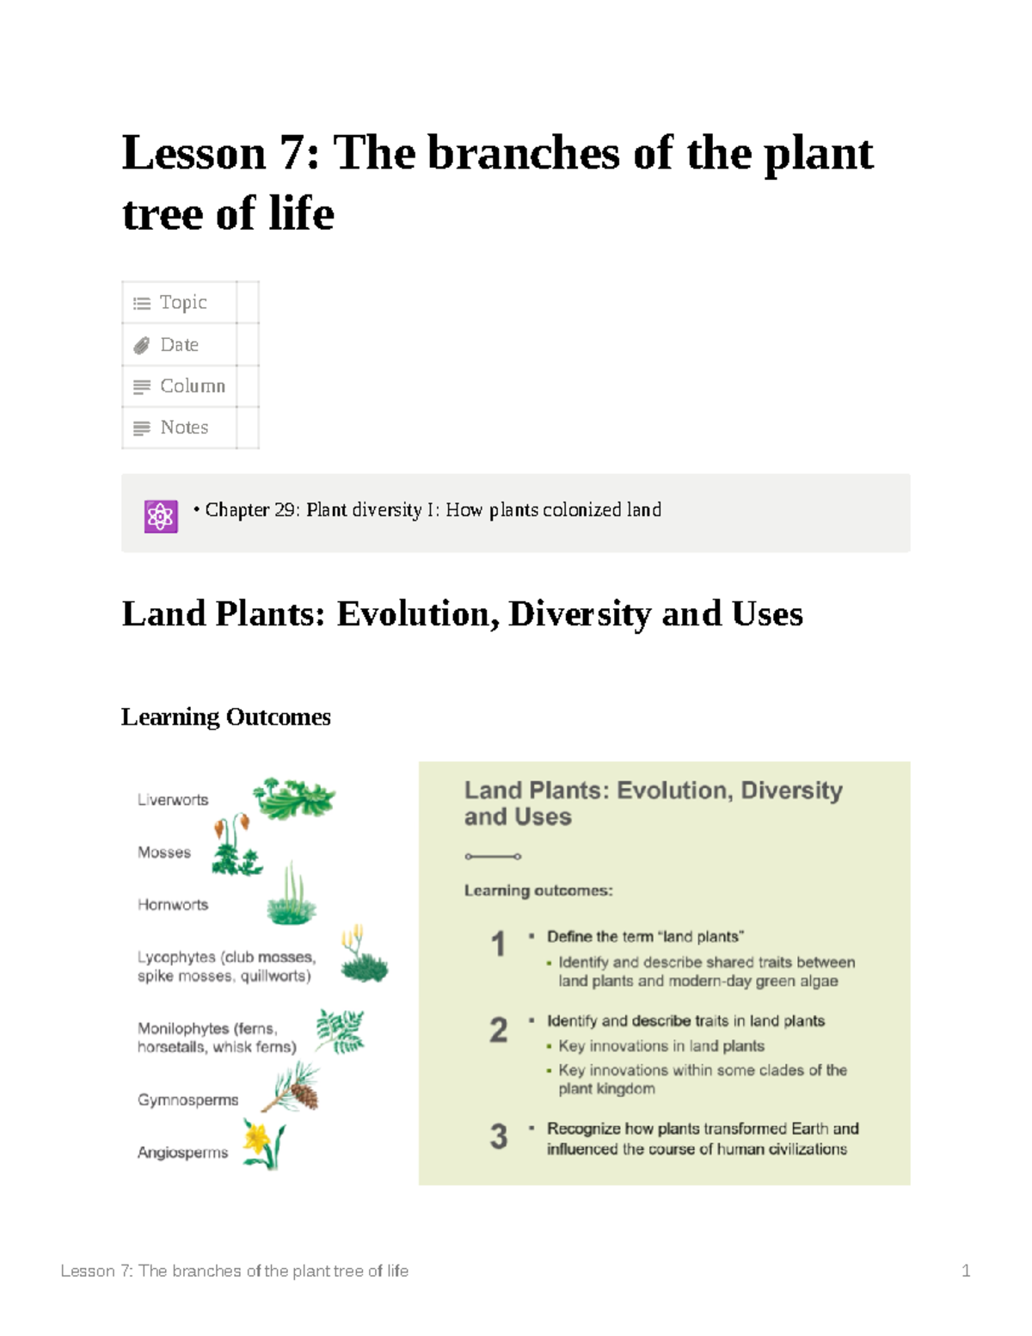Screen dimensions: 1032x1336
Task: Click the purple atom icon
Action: point(161,516)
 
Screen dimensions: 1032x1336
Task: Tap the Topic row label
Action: point(183,302)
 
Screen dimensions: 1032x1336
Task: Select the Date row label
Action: point(179,344)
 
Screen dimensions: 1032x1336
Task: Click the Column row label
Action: point(193,385)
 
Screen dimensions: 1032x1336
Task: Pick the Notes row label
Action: point(184,427)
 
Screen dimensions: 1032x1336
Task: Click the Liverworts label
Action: point(173,799)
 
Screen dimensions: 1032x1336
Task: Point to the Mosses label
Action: point(164,852)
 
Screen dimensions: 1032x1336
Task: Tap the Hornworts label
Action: point(173,904)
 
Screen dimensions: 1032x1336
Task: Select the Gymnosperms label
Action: point(187,1099)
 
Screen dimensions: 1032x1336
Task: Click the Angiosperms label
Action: point(182,1152)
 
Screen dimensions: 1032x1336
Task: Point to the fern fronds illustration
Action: point(340,1031)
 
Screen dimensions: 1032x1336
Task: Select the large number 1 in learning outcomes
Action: point(498,944)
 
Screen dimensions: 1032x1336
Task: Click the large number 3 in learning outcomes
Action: point(499,1136)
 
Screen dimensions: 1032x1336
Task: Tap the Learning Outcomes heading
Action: point(226,717)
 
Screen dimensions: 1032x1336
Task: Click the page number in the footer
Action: point(966,1271)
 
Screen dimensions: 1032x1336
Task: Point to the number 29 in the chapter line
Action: point(285,510)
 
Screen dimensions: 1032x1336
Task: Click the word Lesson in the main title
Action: point(194,153)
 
